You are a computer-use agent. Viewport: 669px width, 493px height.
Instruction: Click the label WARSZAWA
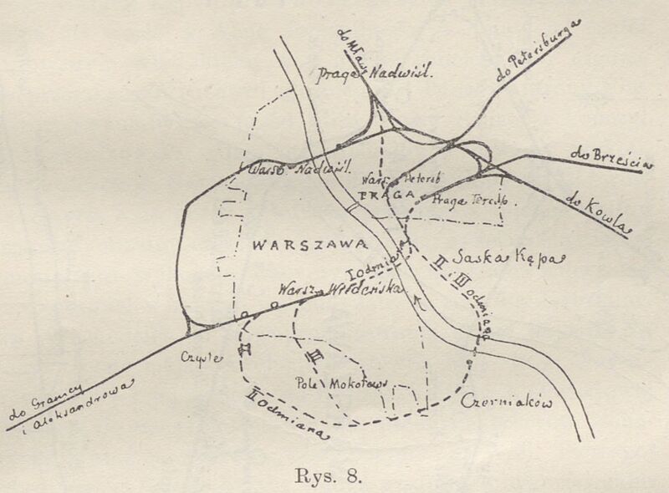(309, 246)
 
